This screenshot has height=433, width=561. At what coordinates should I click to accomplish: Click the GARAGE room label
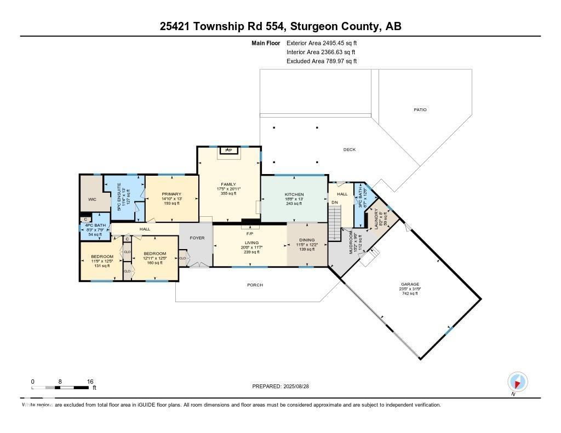pos(410,284)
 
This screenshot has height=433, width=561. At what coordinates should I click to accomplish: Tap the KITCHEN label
pos(294,195)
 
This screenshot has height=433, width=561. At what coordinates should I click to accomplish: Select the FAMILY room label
pos(229,184)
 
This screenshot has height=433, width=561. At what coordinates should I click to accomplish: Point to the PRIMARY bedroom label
pos(171,194)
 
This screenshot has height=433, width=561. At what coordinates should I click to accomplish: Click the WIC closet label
pos(92,199)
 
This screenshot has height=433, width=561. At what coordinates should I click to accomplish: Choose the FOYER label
pos(197,238)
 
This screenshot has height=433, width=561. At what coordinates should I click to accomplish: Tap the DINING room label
pos(307,240)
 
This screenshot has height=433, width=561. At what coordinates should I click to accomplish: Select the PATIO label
pos(420,110)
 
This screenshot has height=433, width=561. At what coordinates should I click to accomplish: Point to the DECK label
pos(350,149)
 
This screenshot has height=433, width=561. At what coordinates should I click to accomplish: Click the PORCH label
pos(255,285)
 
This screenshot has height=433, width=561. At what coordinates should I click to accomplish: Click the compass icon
pos(517,381)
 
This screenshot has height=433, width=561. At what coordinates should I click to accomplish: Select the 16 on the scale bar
pos(90,382)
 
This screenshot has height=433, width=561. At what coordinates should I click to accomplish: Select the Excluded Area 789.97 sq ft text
pos(322,61)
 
